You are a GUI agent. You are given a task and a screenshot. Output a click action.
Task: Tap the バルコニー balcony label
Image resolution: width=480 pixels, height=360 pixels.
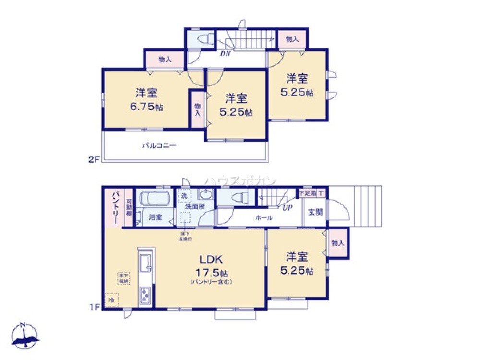point(159,144)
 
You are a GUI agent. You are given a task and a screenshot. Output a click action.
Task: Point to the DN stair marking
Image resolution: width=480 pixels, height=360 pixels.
point(226,54)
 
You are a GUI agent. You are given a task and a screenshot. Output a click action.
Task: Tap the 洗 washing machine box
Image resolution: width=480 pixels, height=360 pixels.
point(183,196)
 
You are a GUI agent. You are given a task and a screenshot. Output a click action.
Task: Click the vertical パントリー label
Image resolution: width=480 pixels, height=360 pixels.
point(116,208)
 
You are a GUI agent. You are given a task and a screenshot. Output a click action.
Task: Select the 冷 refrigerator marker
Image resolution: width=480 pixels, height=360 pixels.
point(111,300)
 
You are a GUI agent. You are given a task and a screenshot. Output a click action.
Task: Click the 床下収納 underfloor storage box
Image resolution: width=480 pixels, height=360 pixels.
point(124,278)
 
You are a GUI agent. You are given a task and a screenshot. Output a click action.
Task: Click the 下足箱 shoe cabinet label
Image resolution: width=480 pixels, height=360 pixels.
point(307,193)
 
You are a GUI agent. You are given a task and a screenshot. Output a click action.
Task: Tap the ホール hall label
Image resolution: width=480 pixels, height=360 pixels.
point(264,218)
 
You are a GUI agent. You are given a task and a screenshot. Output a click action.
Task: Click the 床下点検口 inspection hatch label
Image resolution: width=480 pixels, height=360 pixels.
point(185,236)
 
